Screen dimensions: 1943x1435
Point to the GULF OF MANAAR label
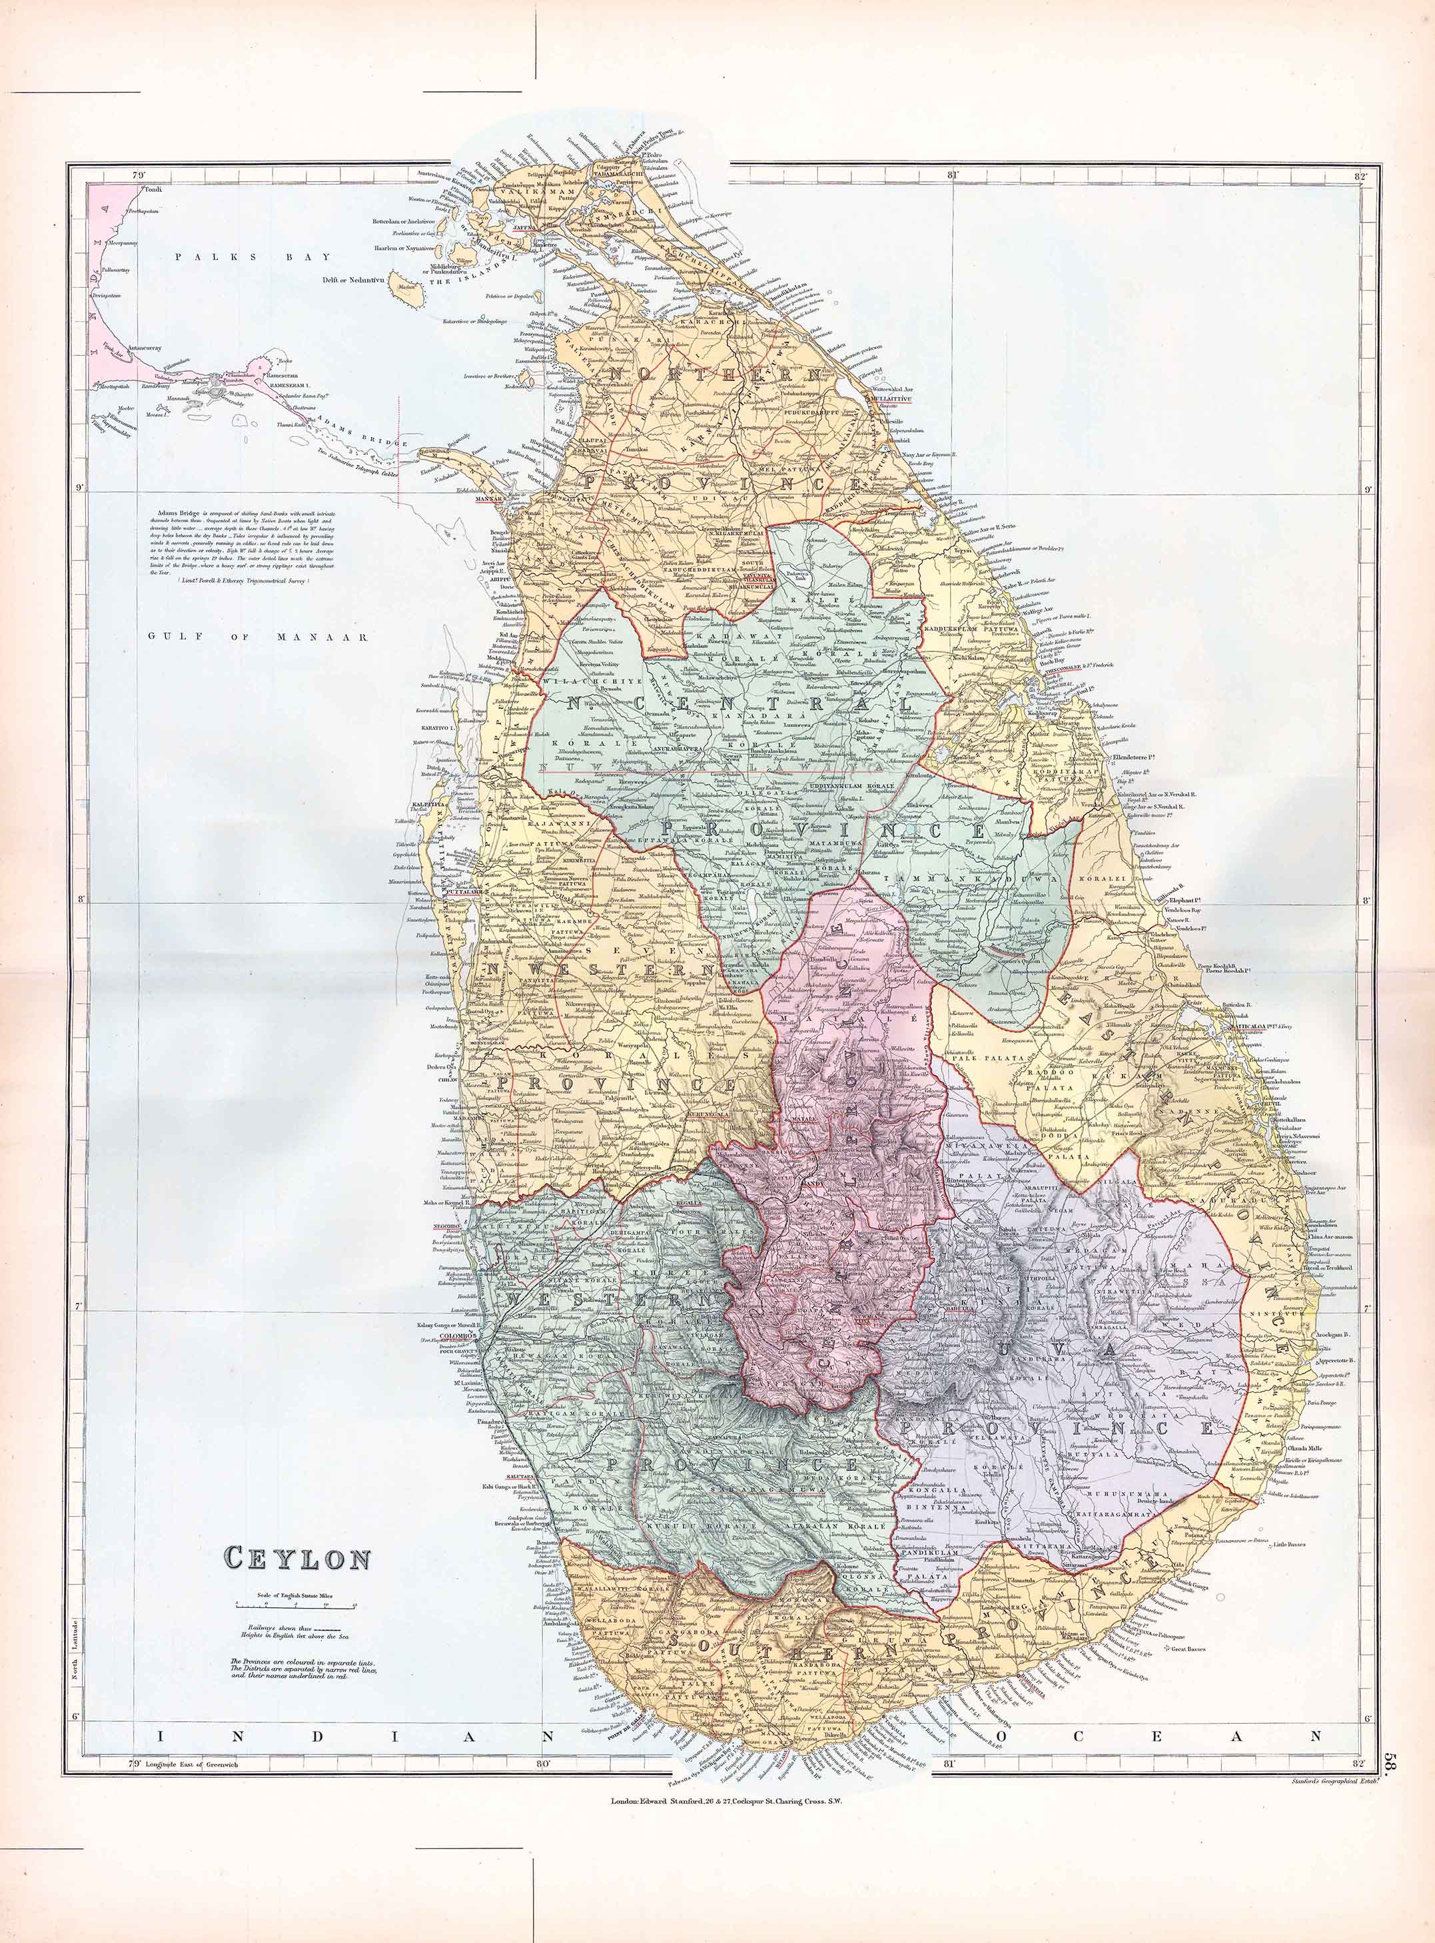258,637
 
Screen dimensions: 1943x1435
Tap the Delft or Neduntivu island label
354,280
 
